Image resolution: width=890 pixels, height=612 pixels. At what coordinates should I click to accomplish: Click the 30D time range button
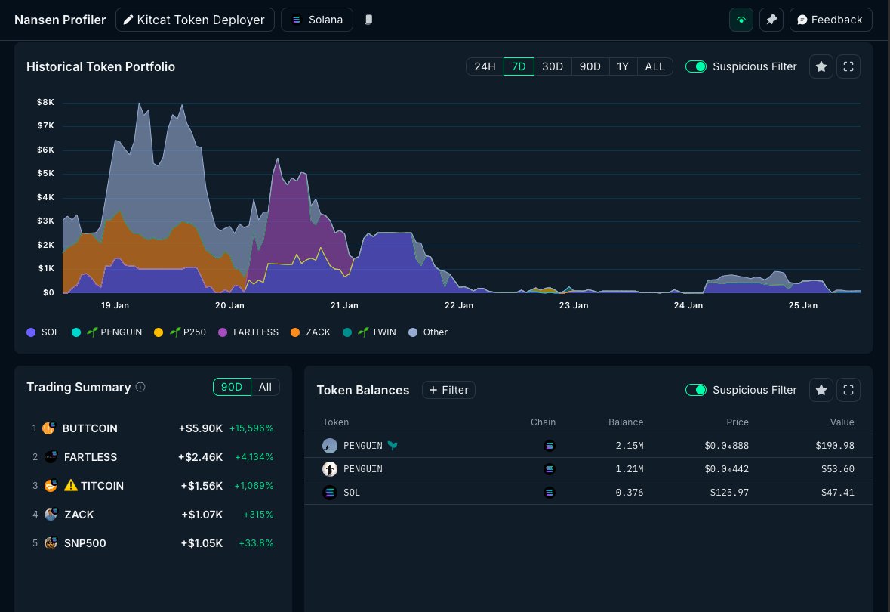pos(553,66)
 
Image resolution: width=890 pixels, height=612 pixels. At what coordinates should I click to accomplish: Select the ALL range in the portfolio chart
pos(654,66)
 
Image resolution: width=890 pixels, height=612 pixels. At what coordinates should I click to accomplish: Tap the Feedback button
pos(830,20)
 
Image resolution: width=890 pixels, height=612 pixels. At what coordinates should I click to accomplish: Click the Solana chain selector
pos(317,20)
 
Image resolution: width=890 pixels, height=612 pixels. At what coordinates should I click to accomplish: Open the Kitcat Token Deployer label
pos(194,20)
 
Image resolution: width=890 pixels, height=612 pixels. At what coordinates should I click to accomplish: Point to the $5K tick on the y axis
pos(45,173)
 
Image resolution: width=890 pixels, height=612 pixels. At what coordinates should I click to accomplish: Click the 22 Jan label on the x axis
pos(459,305)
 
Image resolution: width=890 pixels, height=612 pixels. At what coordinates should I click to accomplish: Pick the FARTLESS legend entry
pos(248,332)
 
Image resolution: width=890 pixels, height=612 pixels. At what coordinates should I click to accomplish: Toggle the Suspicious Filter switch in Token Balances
pos(695,390)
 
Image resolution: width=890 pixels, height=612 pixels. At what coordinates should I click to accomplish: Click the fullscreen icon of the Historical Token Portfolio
pos(848,66)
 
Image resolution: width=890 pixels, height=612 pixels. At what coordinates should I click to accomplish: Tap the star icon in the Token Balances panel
pos(821,390)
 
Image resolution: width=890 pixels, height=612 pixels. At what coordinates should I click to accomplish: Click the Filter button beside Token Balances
pos(448,390)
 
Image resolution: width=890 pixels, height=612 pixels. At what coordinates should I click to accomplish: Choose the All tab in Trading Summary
pos(265,387)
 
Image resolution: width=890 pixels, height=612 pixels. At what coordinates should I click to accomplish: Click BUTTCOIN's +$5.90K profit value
pos(200,428)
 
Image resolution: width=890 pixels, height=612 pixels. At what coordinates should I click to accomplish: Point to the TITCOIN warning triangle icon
pos(71,486)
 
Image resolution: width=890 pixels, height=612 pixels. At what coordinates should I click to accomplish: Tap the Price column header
pos(737,422)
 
